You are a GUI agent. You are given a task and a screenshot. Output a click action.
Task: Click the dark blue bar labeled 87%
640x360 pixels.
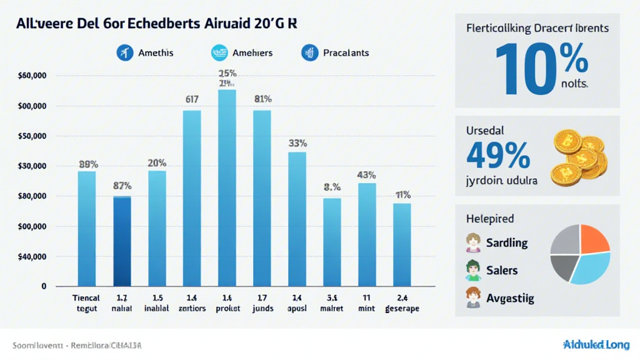click(122, 241)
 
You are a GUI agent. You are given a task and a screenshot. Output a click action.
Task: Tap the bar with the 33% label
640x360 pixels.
click(297, 219)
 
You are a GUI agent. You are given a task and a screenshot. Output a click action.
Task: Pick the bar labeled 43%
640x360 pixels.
click(367, 234)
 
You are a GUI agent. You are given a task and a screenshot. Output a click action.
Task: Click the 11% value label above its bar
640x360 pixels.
click(402, 194)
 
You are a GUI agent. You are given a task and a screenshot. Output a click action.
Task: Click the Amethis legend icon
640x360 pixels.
click(125, 53)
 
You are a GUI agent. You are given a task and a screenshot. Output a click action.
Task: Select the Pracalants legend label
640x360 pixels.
click(346, 53)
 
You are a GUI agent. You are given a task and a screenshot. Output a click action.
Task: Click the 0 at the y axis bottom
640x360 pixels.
click(44, 286)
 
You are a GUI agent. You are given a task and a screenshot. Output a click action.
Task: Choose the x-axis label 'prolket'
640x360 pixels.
click(227, 309)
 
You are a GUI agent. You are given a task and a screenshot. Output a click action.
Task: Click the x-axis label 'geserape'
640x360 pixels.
click(402, 309)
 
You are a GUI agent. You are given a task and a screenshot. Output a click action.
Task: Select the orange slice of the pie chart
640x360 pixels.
click(594, 239)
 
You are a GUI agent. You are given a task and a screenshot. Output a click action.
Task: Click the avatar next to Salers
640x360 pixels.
click(472, 270)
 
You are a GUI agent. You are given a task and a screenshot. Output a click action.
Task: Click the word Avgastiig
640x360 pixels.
click(510, 298)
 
